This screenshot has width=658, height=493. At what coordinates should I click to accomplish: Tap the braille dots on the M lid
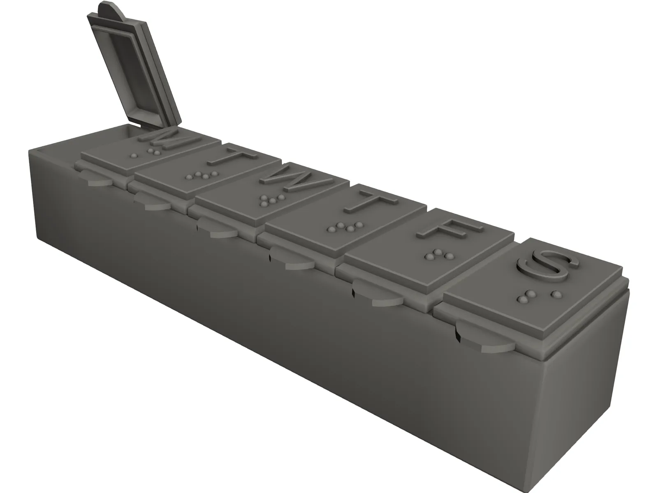pyautogui.click(x=146, y=154)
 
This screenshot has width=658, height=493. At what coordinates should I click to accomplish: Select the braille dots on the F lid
pyautogui.click(x=434, y=255)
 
